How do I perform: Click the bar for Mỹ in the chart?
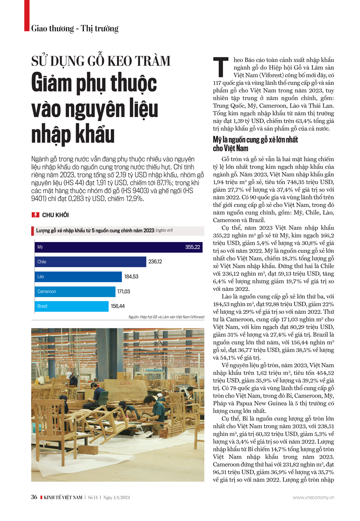tap(108, 247)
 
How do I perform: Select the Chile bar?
tap(90, 262)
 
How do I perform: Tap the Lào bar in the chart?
tap(78, 277)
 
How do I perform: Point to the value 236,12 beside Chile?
tap(155, 262)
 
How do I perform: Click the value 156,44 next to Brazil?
tap(118, 306)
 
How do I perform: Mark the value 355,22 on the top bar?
tap(193, 247)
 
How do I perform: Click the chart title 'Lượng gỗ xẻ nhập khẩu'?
tap(95, 230)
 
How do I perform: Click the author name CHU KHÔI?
tap(55, 215)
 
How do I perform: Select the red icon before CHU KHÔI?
tap(35, 215)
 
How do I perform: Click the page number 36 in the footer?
tap(34, 497)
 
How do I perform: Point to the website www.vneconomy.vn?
tap(313, 497)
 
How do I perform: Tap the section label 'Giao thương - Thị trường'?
tap(75, 28)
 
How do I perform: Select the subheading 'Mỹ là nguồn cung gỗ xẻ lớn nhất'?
tap(255, 144)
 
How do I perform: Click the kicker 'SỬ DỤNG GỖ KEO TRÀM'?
tap(101, 61)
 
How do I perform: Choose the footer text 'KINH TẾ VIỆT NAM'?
tap(63, 498)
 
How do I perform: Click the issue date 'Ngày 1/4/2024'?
tap(117, 498)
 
